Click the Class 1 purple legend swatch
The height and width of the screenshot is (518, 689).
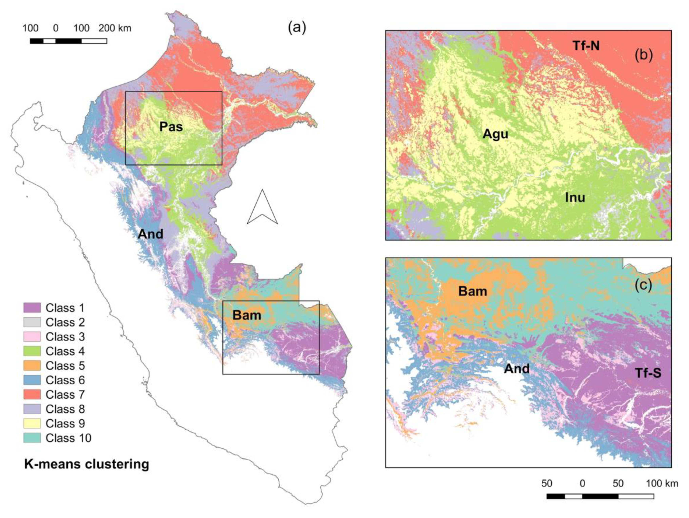point(32,308)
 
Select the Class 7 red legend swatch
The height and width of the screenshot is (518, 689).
point(32,395)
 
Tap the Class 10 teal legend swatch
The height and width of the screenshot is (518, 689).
point(32,438)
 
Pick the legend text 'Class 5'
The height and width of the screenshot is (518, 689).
point(65,366)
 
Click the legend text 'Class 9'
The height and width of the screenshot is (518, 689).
point(65,424)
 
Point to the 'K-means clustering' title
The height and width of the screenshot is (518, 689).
point(87,464)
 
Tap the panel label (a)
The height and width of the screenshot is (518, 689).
point(297,28)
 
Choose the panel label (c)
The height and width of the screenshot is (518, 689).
point(643,286)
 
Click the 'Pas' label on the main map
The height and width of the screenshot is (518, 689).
point(171,127)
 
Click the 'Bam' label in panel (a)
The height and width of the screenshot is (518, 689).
point(247,315)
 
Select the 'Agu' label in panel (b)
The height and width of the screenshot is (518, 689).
point(495,134)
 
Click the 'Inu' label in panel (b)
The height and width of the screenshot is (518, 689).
point(575,198)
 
